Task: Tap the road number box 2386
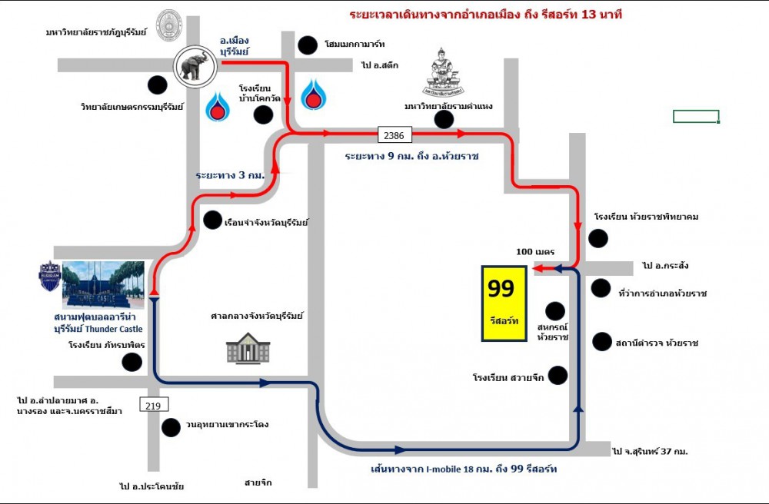click(x=394, y=135)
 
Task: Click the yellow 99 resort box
click(x=504, y=303)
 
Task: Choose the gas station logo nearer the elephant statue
click(x=218, y=107)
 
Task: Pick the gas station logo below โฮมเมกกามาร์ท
click(x=311, y=94)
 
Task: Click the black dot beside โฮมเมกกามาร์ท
click(x=308, y=45)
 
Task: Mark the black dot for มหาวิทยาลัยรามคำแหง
click(x=443, y=119)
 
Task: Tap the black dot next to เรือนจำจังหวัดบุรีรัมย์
click(x=212, y=220)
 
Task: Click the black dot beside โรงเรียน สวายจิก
click(x=558, y=375)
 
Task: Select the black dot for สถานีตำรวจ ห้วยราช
click(x=601, y=341)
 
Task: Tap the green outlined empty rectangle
click(x=696, y=117)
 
